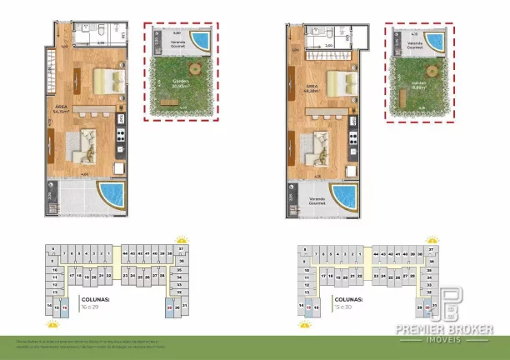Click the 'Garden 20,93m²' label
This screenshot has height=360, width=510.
(181, 82)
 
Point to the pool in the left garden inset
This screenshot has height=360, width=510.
(200, 39)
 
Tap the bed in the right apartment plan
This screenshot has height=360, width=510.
(340, 82)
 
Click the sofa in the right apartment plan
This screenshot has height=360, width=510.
(321, 145)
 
